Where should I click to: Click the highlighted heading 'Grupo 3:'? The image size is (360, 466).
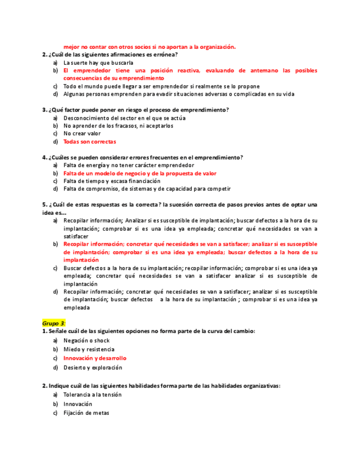click(x=54, y=323)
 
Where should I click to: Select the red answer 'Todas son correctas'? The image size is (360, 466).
click(x=89, y=142)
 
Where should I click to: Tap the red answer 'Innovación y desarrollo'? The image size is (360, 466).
click(x=95, y=358)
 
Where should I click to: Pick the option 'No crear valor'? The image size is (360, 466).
click(x=82, y=134)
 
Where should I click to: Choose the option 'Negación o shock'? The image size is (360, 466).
click(x=86, y=341)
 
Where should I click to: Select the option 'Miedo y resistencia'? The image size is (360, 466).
click(x=88, y=349)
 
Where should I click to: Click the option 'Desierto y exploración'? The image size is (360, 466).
click(x=92, y=368)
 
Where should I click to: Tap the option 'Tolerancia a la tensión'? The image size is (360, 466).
click(x=92, y=395)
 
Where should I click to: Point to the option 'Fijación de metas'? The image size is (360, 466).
click(x=86, y=413)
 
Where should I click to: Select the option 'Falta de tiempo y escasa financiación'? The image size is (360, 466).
click(x=112, y=181)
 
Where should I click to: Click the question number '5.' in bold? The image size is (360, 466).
click(x=45, y=205)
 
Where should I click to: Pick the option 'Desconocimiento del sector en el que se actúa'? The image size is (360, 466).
click(x=124, y=118)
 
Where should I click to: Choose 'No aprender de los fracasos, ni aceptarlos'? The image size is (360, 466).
click(x=118, y=126)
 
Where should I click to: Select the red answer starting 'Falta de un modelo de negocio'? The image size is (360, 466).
click(x=140, y=173)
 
